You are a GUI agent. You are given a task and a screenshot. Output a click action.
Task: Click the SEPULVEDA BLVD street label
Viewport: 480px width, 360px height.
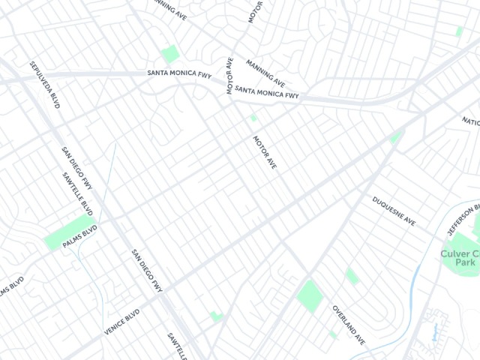(x=44, y=85)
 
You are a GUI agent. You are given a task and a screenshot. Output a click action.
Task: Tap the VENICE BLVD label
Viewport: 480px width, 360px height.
(x=121, y=322)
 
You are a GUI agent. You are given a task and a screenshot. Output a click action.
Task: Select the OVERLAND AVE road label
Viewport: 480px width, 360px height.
(x=349, y=324)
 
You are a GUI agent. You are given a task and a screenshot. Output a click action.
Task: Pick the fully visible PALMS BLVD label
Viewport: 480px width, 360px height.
(x=81, y=234)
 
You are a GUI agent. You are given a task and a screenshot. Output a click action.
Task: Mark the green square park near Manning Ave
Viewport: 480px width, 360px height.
(x=170, y=54)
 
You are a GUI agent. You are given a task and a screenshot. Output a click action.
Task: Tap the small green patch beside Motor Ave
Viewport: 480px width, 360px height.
(x=253, y=118)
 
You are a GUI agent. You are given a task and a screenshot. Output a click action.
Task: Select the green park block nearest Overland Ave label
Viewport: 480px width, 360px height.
(x=310, y=295)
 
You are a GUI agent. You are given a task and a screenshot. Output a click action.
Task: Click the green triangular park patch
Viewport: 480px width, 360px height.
(x=396, y=137)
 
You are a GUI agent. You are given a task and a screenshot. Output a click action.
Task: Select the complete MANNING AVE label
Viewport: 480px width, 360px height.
(x=265, y=73)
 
